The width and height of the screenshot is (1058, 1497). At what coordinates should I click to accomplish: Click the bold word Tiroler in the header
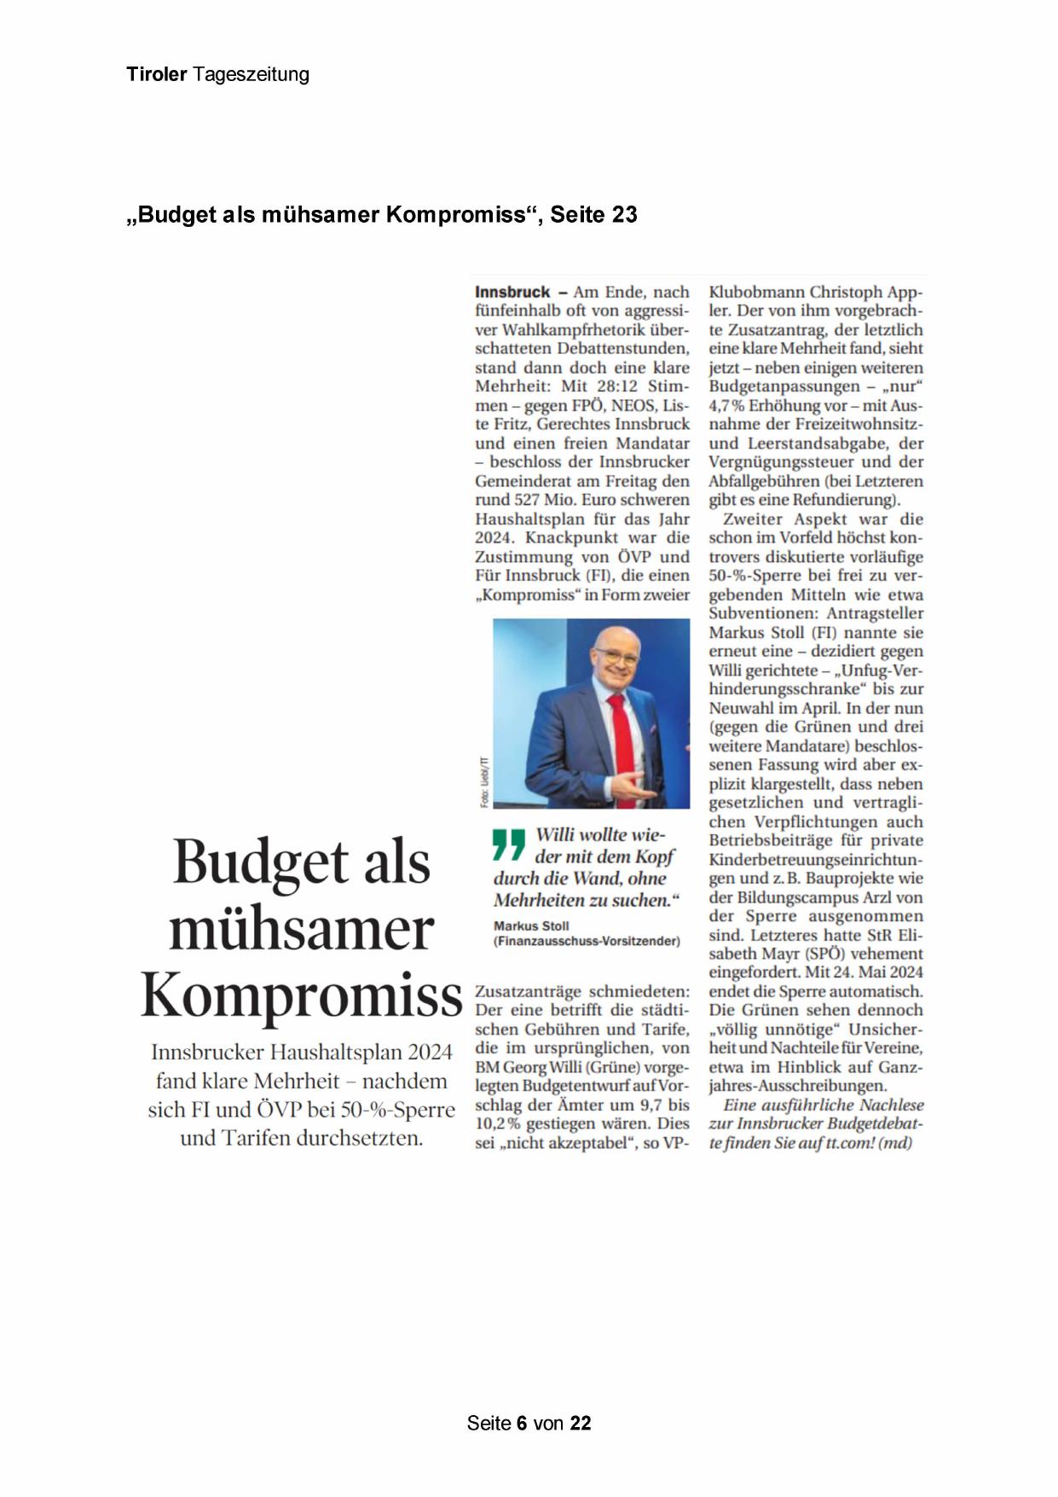[x=156, y=74]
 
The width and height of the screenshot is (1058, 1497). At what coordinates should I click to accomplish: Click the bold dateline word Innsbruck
[x=512, y=292]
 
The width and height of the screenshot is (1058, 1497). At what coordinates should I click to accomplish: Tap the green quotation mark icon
[x=509, y=844]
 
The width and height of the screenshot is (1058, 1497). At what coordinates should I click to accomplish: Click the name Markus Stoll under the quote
[x=531, y=925]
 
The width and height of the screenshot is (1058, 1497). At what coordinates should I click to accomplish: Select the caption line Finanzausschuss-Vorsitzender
[x=587, y=942]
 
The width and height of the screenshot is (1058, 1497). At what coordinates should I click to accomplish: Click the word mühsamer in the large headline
[x=302, y=929]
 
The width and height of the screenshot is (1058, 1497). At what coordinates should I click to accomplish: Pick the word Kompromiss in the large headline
[x=302, y=995]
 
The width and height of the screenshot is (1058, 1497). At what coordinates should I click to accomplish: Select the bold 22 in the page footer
[x=581, y=1423]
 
